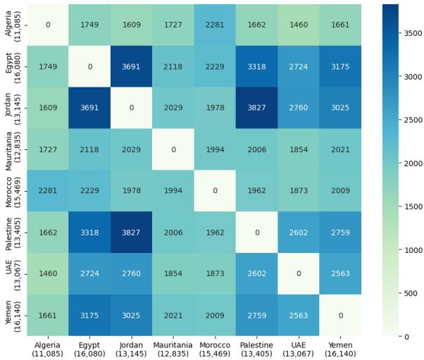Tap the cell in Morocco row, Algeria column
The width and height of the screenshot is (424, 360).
pos(49,190)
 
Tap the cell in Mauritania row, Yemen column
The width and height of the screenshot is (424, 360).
pos(341,149)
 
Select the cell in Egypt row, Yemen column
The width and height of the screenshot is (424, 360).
pos(341,67)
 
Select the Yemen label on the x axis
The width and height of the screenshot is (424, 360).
pos(341,349)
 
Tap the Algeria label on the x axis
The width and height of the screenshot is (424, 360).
pos(49,349)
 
